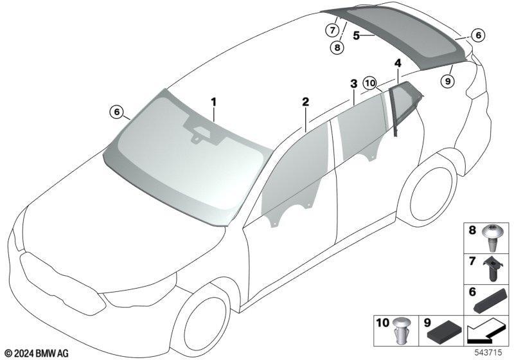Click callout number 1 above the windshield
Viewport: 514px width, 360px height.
tap(214, 102)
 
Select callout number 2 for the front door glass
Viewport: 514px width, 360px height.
tap(306, 102)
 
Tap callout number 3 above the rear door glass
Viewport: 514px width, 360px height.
tap(354, 84)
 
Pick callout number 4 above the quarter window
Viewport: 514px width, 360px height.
tap(398, 63)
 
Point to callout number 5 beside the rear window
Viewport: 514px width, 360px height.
tap(357, 35)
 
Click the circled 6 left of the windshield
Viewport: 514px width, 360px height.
tap(117, 112)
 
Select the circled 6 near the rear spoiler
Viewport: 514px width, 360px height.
tap(478, 35)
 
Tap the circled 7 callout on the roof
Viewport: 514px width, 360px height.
tap(332, 30)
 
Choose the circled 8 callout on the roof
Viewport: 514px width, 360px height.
tap(337, 48)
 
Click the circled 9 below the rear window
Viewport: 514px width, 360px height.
tap(448, 80)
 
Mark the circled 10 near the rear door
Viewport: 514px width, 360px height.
tap(370, 84)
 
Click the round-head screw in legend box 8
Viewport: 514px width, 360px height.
tap(491, 238)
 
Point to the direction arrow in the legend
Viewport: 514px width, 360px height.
tap(486, 332)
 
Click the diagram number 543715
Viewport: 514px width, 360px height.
tap(488, 352)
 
